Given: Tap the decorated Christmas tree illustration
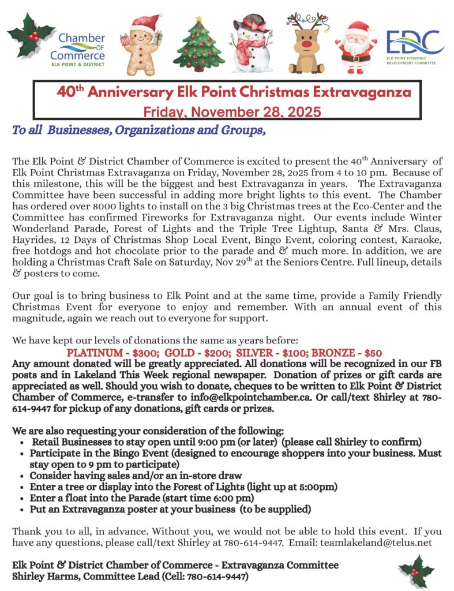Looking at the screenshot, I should (199, 43).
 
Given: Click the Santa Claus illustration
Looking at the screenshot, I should (355, 44).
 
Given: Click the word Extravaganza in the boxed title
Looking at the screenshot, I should (343, 92).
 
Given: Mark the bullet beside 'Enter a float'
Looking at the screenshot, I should (21, 498).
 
